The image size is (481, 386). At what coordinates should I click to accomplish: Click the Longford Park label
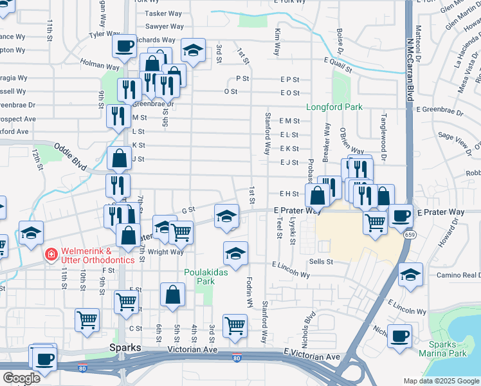pos(334,107)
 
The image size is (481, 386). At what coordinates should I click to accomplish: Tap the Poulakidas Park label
pos(206,277)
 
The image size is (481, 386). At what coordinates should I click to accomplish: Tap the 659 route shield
pos(409,235)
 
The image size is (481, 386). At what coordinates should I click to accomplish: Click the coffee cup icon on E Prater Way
pos(401,216)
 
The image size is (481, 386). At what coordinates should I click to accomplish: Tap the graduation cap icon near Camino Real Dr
pos(410,275)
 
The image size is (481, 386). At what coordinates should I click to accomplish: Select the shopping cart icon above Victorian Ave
pos(235,326)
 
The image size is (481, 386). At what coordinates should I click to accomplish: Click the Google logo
pos(22,378)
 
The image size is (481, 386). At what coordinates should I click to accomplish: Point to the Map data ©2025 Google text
pos(440,381)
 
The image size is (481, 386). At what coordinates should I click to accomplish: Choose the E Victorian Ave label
pos(311,356)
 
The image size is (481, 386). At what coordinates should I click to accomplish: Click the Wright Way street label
pos(166,252)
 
